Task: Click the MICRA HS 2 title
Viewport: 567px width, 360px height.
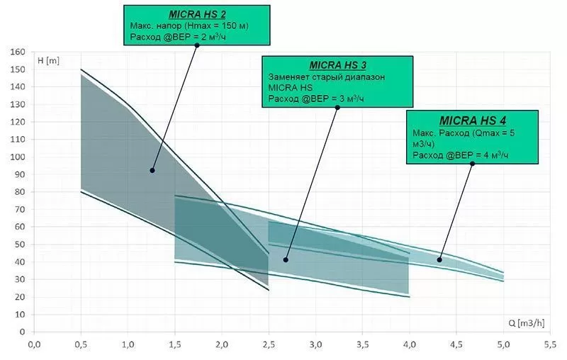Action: click(x=196, y=14)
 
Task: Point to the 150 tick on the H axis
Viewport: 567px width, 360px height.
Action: click(x=18, y=69)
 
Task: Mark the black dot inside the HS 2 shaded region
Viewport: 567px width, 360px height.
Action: click(x=152, y=170)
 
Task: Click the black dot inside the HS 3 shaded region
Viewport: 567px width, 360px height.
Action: click(x=286, y=260)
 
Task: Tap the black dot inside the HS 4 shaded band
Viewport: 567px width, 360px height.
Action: click(x=439, y=260)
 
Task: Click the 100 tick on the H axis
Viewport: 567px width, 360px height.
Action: click(x=18, y=157)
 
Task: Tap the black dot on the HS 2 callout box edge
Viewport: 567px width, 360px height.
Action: click(x=197, y=45)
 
